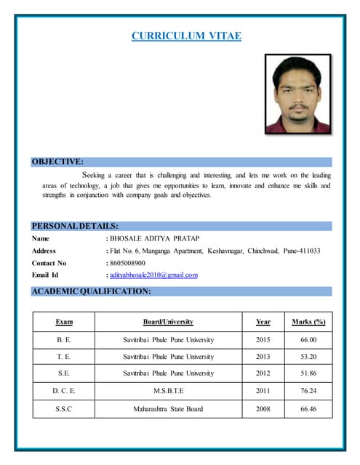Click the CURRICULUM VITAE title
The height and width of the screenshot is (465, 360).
pyautogui.click(x=186, y=36)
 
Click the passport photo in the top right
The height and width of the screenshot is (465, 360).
pyautogui.click(x=297, y=94)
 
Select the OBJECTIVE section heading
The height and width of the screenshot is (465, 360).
pyautogui.click(x=57, y=161)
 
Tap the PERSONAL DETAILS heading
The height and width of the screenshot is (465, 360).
pyautogui.click(x=75, y=226)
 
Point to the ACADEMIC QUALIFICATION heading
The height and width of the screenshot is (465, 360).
pyautogui.click(x=91, y=291)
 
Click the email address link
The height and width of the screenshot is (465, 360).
pyautogui.click(x=153, y=275)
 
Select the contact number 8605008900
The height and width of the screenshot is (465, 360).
pyautogui.click(x=127, y=262)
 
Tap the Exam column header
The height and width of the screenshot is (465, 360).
pyautogui.click(x=64, y=321)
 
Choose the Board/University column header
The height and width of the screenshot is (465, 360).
pyautogui.click(x=168, y=321)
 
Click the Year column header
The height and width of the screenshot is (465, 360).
pyautogui.click(x=263, y=321)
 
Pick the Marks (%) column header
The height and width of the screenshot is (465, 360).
pyautogui.click(x=308, y=321)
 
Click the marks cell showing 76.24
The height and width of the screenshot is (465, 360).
pyautogui.click(x=308, y=391)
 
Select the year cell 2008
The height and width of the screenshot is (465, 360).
pyautogui.click(x=263, y=408)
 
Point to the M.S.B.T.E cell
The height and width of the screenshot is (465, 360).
pyautogui.click(x=168, y=391)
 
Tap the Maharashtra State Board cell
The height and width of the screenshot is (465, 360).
pyautogui.click(x=168, y=408)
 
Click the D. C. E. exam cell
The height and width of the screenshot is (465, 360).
pyautogui.click(x=64, y=391)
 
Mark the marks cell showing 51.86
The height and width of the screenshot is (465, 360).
pyautogui.click(x=308, y=373)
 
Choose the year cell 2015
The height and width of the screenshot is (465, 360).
pyautogui.click(x=263, y=339)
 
